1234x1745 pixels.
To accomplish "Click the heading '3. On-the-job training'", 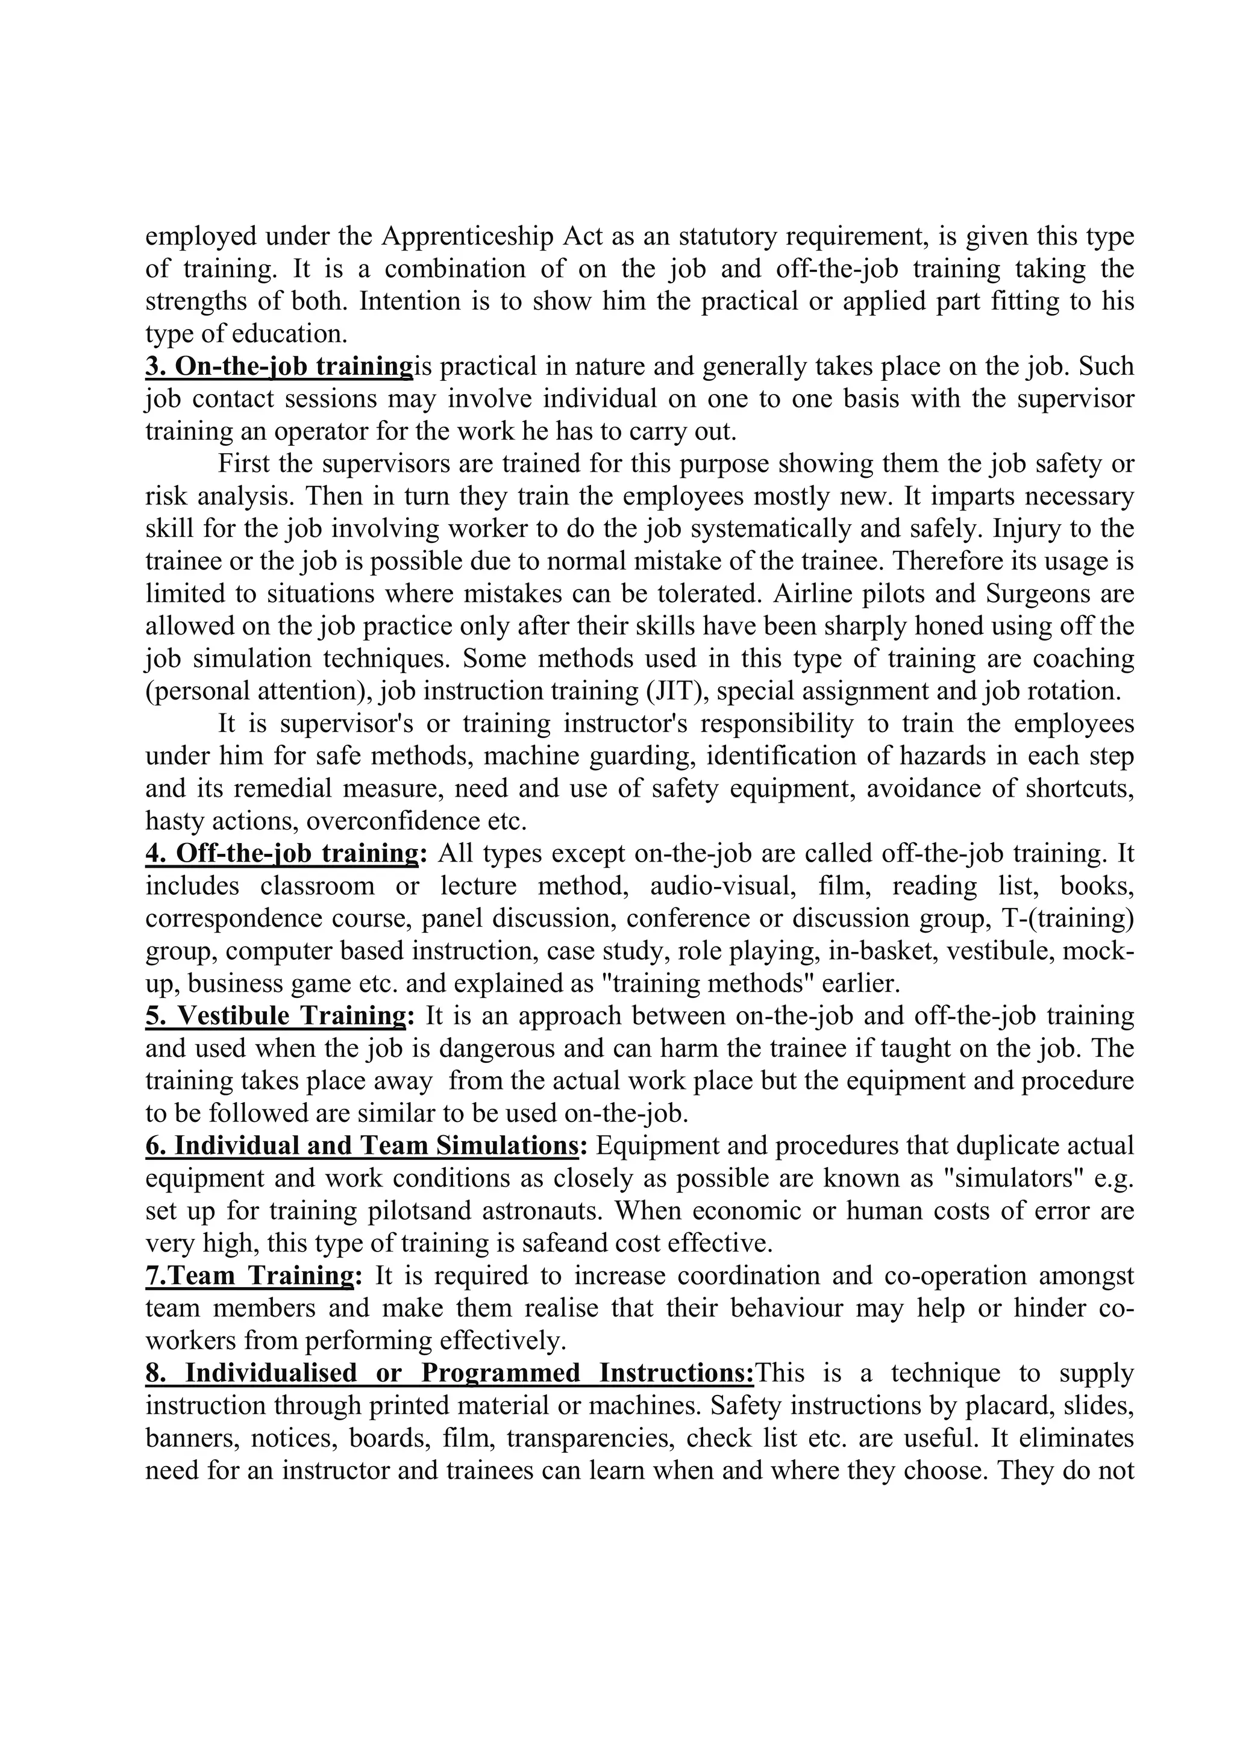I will pos(278,367).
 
